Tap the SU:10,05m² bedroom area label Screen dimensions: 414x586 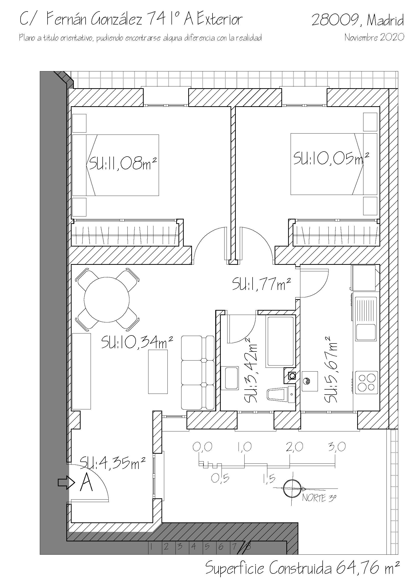click(331, 158)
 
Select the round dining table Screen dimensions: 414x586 click(107, 299)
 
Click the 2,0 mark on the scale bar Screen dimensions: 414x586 click(294, 447)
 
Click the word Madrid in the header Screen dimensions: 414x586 click(385, 20)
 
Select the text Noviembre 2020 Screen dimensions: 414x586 click(374, 37)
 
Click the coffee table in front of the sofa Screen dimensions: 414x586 click(158, 371)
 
